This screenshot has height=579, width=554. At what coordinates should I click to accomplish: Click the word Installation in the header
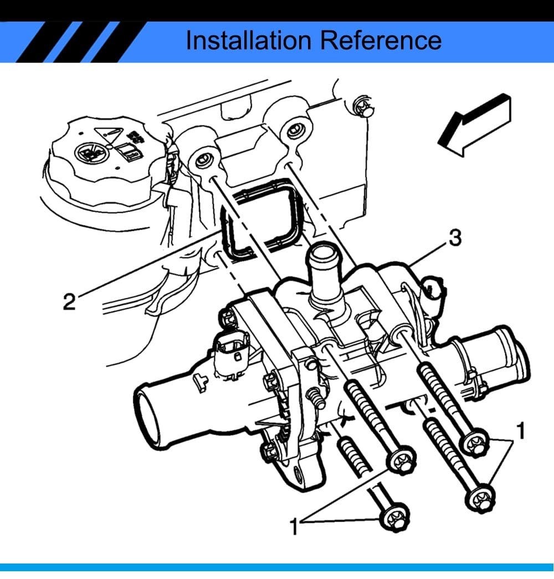[x=249, y=40]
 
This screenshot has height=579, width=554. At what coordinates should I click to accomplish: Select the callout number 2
[x=69, y=302]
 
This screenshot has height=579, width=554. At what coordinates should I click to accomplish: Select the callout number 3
[x=454, y=238]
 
